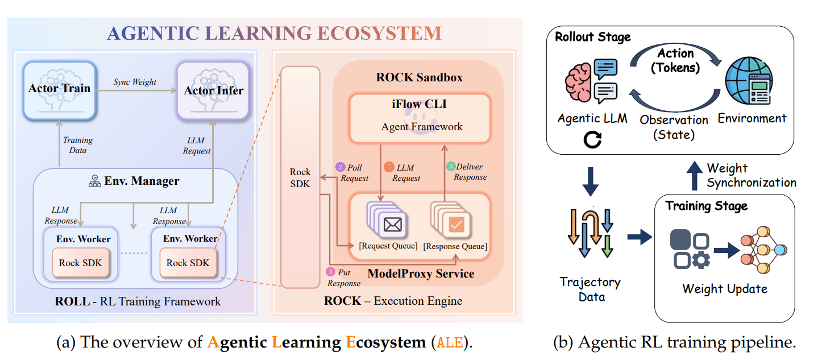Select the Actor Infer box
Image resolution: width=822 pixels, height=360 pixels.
coord(213,91)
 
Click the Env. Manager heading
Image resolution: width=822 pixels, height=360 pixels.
coord(141,181)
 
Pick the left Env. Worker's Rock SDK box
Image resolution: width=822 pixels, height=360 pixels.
coord(81,263)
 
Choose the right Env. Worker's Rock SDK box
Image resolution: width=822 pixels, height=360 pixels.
coord(188,263)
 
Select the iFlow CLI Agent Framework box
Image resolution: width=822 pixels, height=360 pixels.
coord(420,118)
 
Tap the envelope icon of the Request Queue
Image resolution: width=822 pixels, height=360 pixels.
coord(393,225)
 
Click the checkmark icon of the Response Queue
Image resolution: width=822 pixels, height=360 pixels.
coord(457,225)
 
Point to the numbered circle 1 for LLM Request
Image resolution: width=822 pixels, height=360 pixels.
coord(389,167)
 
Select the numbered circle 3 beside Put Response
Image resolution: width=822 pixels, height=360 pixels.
coord(330,272)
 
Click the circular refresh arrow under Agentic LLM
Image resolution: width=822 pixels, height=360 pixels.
coord(592,139)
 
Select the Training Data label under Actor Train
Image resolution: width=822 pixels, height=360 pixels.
coord(78,145)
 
